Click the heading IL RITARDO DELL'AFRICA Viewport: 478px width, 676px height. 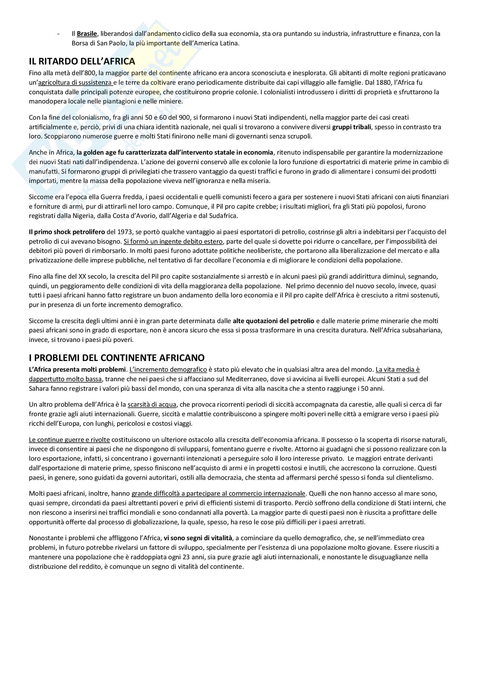pos(82,61)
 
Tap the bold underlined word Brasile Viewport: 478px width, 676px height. pos(86,34)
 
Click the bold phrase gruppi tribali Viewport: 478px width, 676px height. pos(351,127)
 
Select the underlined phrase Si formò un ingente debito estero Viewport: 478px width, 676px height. pos(173,241)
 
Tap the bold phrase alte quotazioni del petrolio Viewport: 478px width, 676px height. pos(273,321)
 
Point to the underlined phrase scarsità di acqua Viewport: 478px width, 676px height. pos(152,404)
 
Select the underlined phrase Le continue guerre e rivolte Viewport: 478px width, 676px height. pos(69,440)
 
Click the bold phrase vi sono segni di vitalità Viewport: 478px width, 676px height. pos(198,538)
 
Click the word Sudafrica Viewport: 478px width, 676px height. pos(223,216)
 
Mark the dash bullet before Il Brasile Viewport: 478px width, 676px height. pos(59,34)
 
